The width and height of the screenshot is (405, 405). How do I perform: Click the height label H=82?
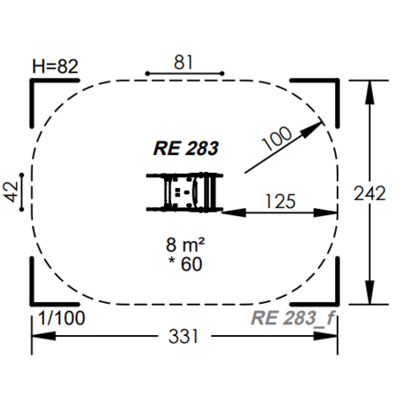point(55,66)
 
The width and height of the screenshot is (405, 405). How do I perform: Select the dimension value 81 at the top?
point(183,62)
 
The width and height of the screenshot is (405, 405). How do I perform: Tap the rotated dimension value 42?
point(11,192)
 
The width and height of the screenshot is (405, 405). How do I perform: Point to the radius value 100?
point(277,138)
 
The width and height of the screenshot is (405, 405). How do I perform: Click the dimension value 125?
point(280,201)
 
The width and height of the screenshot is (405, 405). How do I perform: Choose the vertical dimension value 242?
point(370,193)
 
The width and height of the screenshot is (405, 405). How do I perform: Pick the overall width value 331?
point(183,336)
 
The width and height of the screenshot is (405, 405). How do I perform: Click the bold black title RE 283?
point(186,148)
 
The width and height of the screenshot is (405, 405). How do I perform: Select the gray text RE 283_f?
point(293,318)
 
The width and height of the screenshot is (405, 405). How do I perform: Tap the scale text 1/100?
point(62,318)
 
